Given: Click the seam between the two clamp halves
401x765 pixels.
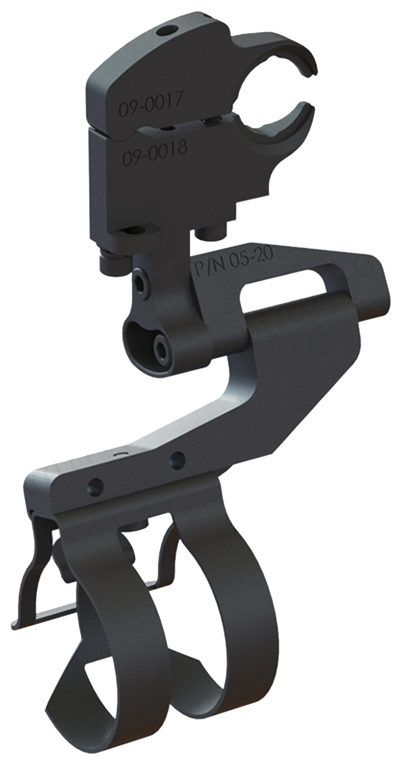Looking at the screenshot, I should [x=159, y=126].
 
